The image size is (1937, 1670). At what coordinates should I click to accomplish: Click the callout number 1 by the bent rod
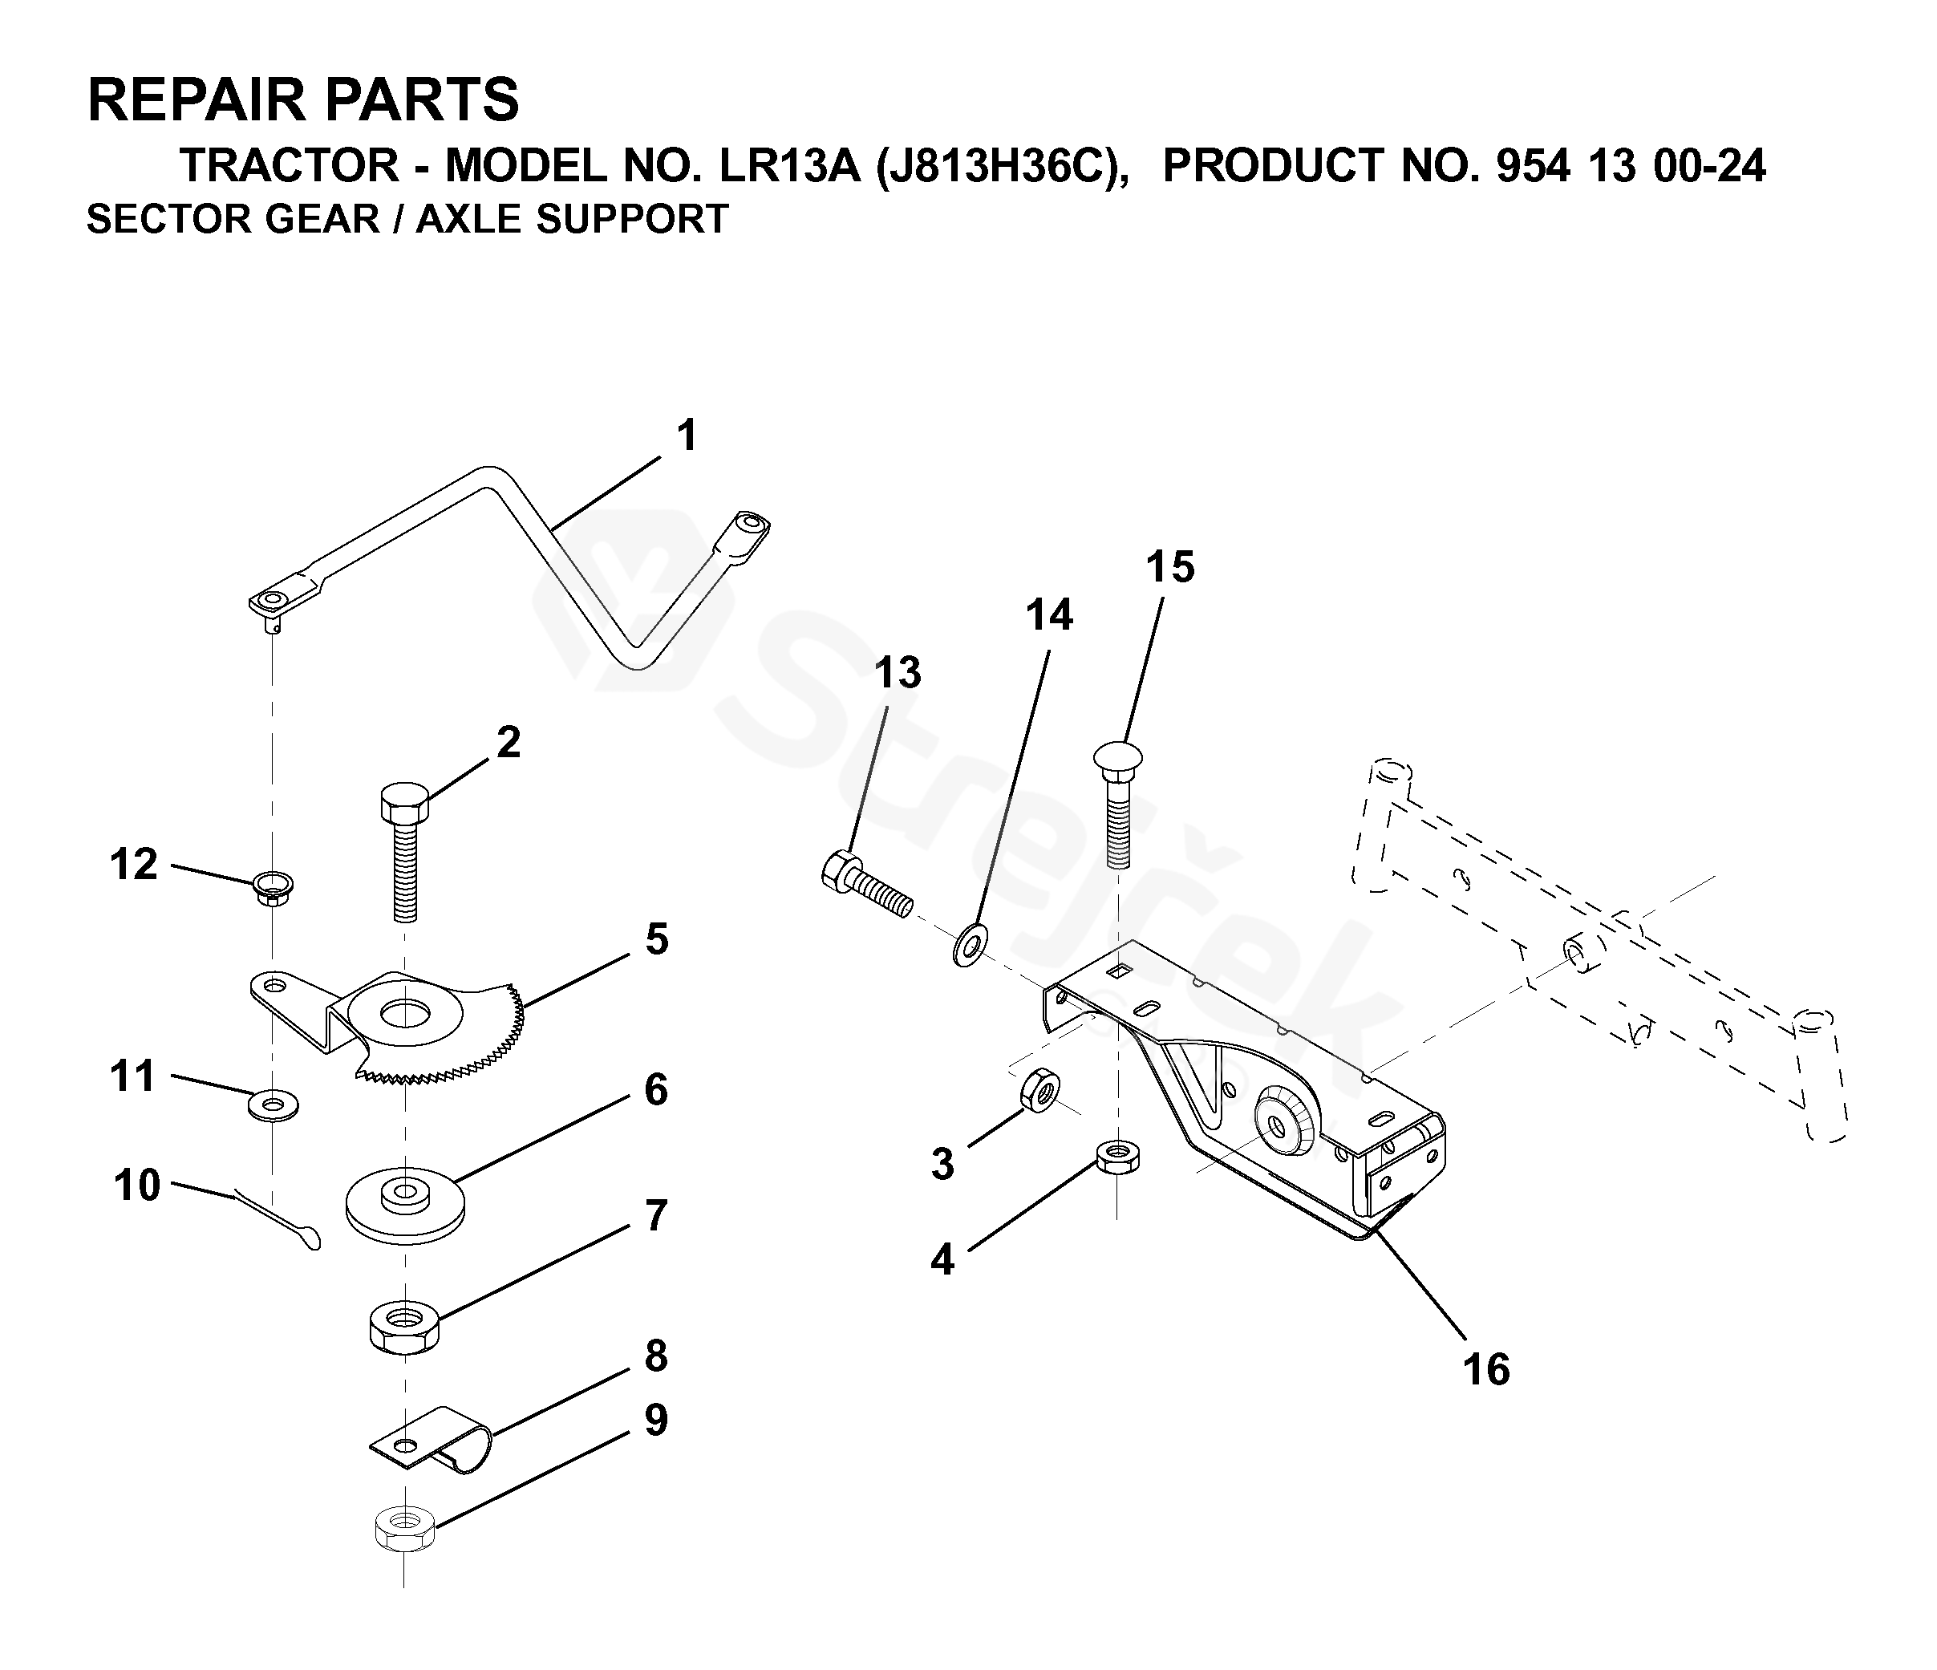pos(687,436)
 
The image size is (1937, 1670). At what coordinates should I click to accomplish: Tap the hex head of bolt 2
pos(405,802)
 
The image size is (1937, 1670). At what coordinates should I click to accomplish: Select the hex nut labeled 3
pos(1039,1090)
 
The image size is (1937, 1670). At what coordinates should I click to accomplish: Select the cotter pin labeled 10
pos(278,1220)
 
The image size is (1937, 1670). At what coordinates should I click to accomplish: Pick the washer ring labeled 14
pos(971,946)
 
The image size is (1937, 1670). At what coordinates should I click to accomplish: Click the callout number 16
pos(1485,1370)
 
